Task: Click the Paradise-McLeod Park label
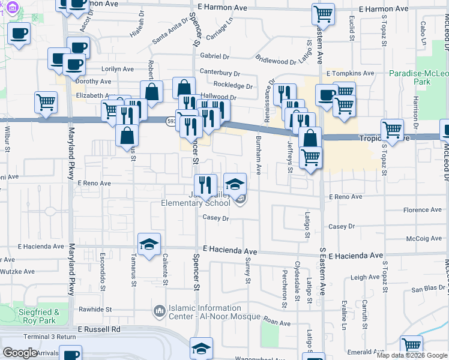418,77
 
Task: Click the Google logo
21,353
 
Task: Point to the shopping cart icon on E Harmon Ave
323,14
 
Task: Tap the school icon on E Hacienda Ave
148,244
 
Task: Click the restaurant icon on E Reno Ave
205,185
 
